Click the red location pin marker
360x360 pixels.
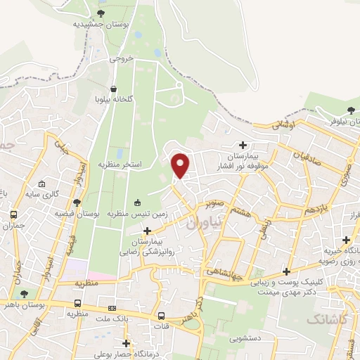(x=181, y=166)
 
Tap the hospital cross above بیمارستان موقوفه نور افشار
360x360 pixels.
(x=243, y=145)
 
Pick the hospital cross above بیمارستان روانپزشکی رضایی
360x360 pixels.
(x=147, y=231)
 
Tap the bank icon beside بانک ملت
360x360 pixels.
(x=112, y=308)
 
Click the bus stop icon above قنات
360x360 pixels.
(x=162, y=316)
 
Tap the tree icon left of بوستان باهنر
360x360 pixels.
(x=25, y=294)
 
